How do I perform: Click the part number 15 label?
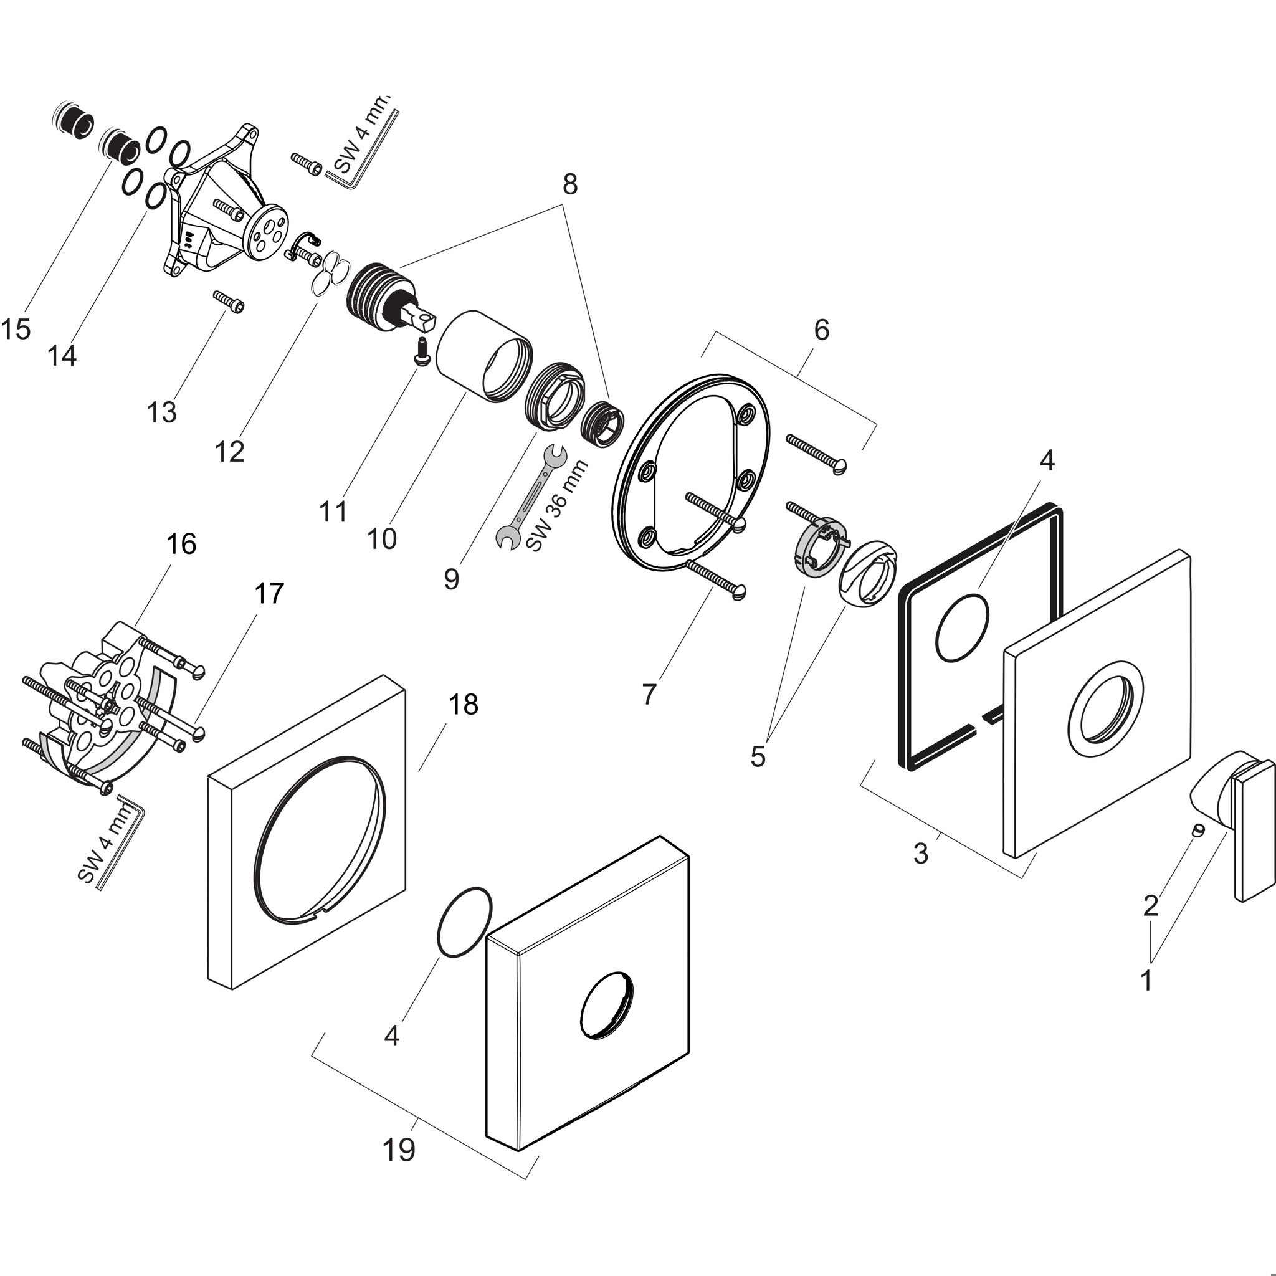point(15,329)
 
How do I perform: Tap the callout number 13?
point(162,412)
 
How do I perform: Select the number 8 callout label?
point(570,184)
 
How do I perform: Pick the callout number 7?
point(649,694)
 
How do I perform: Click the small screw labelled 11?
point(421,350)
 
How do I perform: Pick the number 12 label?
point(230,452)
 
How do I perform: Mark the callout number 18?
point(463,705)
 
